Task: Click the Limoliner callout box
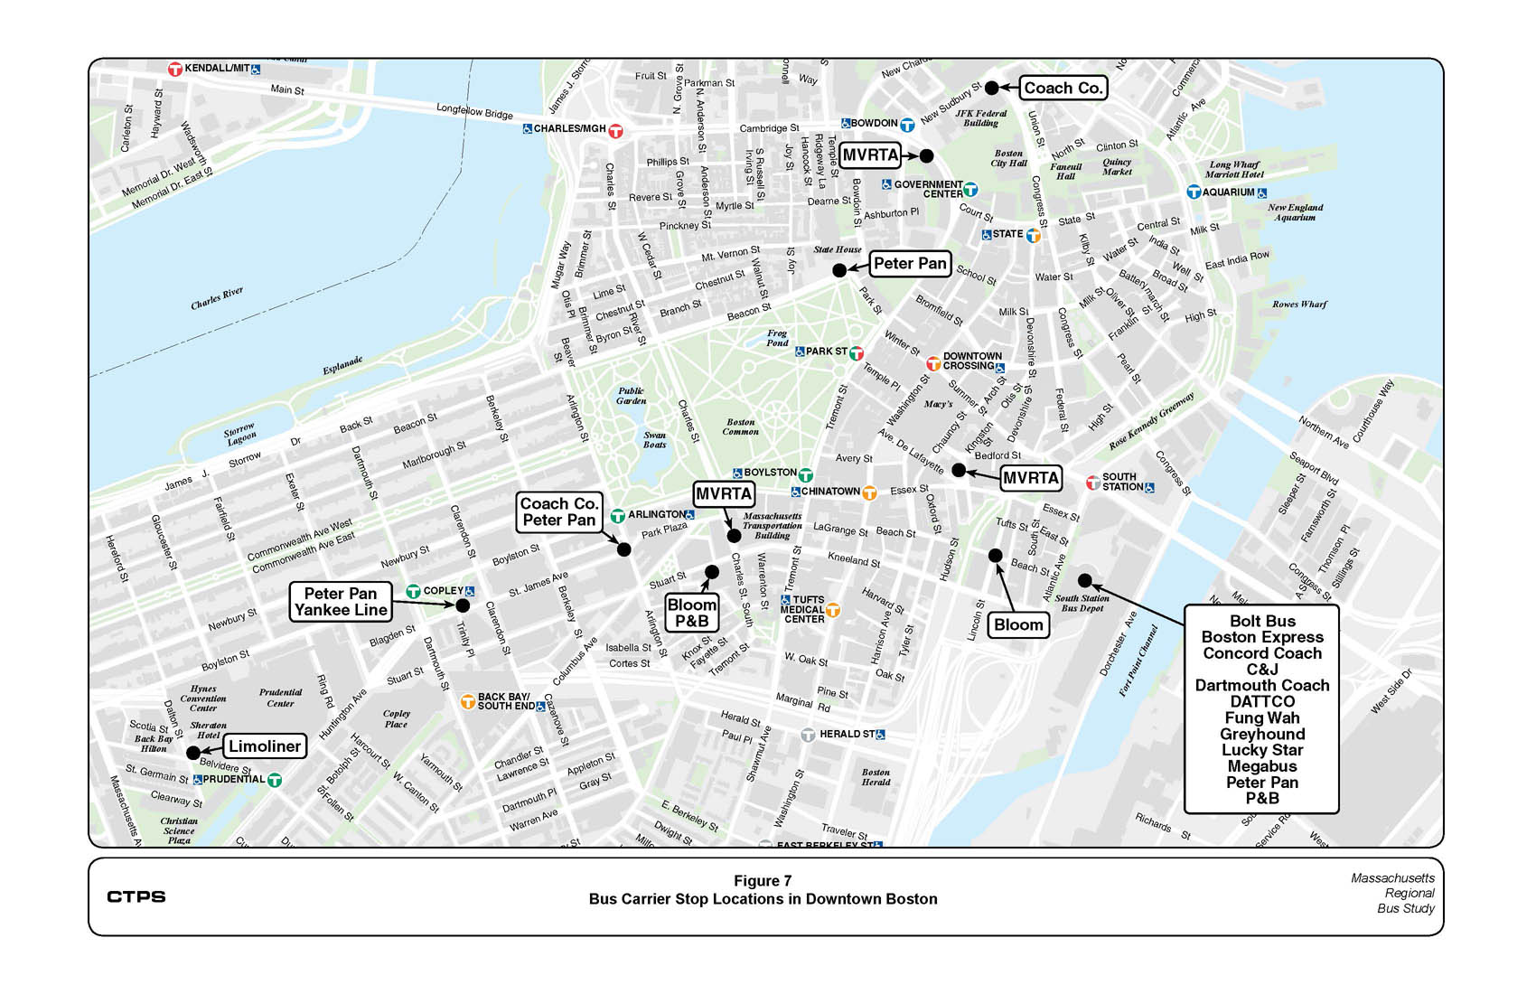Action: [265, 746]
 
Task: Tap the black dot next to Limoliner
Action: [193, 753]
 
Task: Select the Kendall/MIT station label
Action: [217, 69]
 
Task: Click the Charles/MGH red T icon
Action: [616, 130]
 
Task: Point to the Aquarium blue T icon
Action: [1194, 192]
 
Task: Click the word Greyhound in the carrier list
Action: [1261, 734]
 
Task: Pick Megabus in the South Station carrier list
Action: [1261, 766]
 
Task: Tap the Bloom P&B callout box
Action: [692, 613]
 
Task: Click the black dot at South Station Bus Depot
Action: [1085, 580]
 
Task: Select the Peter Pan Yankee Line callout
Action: [341, 602]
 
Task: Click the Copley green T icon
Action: [413, 592]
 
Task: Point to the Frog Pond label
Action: [777, 338]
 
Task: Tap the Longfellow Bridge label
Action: [474, 110]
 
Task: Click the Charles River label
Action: [217, 299]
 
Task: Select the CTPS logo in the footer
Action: [136, 896]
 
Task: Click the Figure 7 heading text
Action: [763, 881]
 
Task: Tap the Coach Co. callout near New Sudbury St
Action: [1063, 89]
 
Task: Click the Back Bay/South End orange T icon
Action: [468, 701]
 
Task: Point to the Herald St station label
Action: [847, 735]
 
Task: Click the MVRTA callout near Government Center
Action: [870, 155]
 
